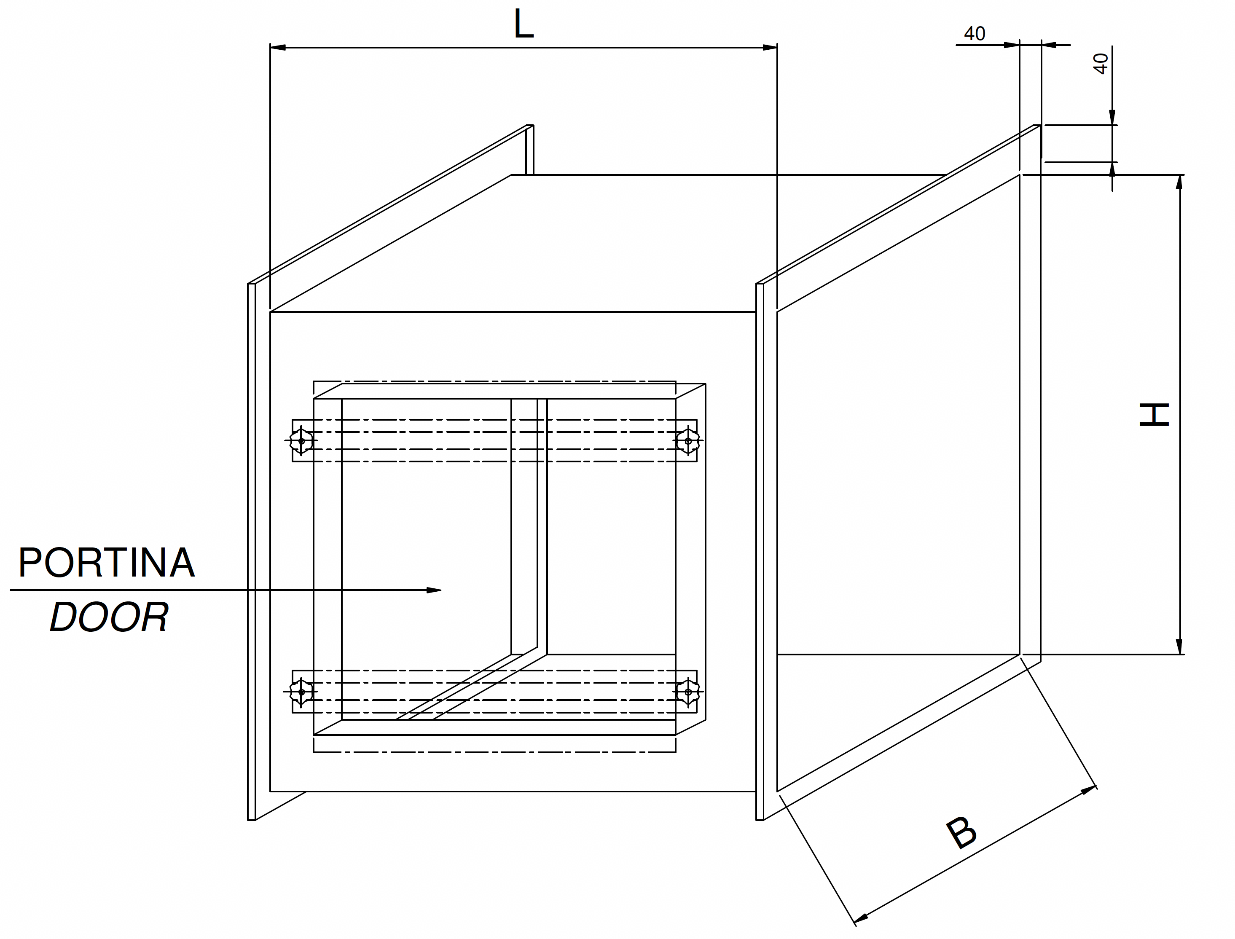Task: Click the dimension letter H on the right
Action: pyautogui.click(x=1154, y=415)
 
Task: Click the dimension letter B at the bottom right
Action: pyautogui.click(x=961, y=833)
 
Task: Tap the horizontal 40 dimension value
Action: pyautogui.click(x=975, y=34)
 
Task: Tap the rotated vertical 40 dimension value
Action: pyautogui.click(x=1100, y=64)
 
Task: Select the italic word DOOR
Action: pyautogui.click(x=109, y=617)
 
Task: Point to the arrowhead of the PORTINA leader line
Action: pyautogui.click(x=435, y=590)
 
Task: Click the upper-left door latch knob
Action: pyautogui.click(x=301, y=440)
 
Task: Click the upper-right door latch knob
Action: pyautogui.click(x=687, y=440)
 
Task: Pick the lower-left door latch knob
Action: pyautogui.click(x=301, y=691)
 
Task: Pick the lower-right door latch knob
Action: pyautogui.click(x=687, y=691)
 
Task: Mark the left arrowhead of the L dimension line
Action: pyautogui.click(x=277, y=48)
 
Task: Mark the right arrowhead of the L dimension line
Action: pyautogui.click(x=771, y=48)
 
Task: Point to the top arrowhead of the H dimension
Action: pyautogui.click(x=1179, y=182)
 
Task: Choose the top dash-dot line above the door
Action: pyautogui.click(x=494, y=382)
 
